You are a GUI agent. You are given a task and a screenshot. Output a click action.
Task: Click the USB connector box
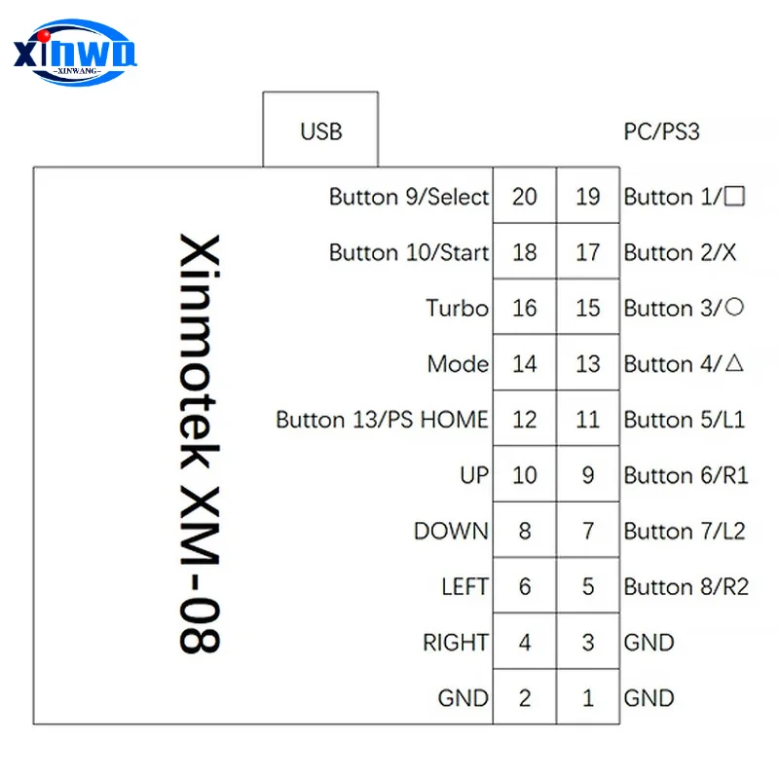(320, 130)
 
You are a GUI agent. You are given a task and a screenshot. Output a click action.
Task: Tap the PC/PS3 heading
(661, 131)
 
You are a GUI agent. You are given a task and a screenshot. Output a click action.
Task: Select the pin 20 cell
(524, 197)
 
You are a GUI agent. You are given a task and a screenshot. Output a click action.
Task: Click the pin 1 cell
(587, 697)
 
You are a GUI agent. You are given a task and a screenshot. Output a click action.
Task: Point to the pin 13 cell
(587, 364)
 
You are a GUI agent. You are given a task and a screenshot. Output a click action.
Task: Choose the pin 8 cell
(524, 531)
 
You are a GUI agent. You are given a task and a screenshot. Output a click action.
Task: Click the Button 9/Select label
(409, 197)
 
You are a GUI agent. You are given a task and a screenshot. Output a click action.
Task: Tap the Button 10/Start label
(409, 253)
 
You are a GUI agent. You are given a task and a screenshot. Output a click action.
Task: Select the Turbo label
(457, 309)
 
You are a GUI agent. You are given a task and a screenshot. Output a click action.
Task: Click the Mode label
(458, 364)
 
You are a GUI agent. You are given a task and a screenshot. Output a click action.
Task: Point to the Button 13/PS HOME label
(382, 420)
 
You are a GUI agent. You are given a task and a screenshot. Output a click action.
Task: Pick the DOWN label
(451, 531)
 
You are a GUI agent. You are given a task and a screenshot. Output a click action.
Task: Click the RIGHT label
(455, 643)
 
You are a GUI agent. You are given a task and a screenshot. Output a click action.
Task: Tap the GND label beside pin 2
(463, 698)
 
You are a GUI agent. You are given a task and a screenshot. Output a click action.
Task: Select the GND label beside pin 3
(649, 643)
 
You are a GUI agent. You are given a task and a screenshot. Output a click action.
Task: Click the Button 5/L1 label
(684, 420)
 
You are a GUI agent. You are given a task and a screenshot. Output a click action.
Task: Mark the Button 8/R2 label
(686, 587)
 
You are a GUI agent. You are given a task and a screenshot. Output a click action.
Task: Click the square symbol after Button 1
(735, 196)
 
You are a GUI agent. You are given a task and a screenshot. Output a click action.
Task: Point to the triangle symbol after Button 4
(735, 363)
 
